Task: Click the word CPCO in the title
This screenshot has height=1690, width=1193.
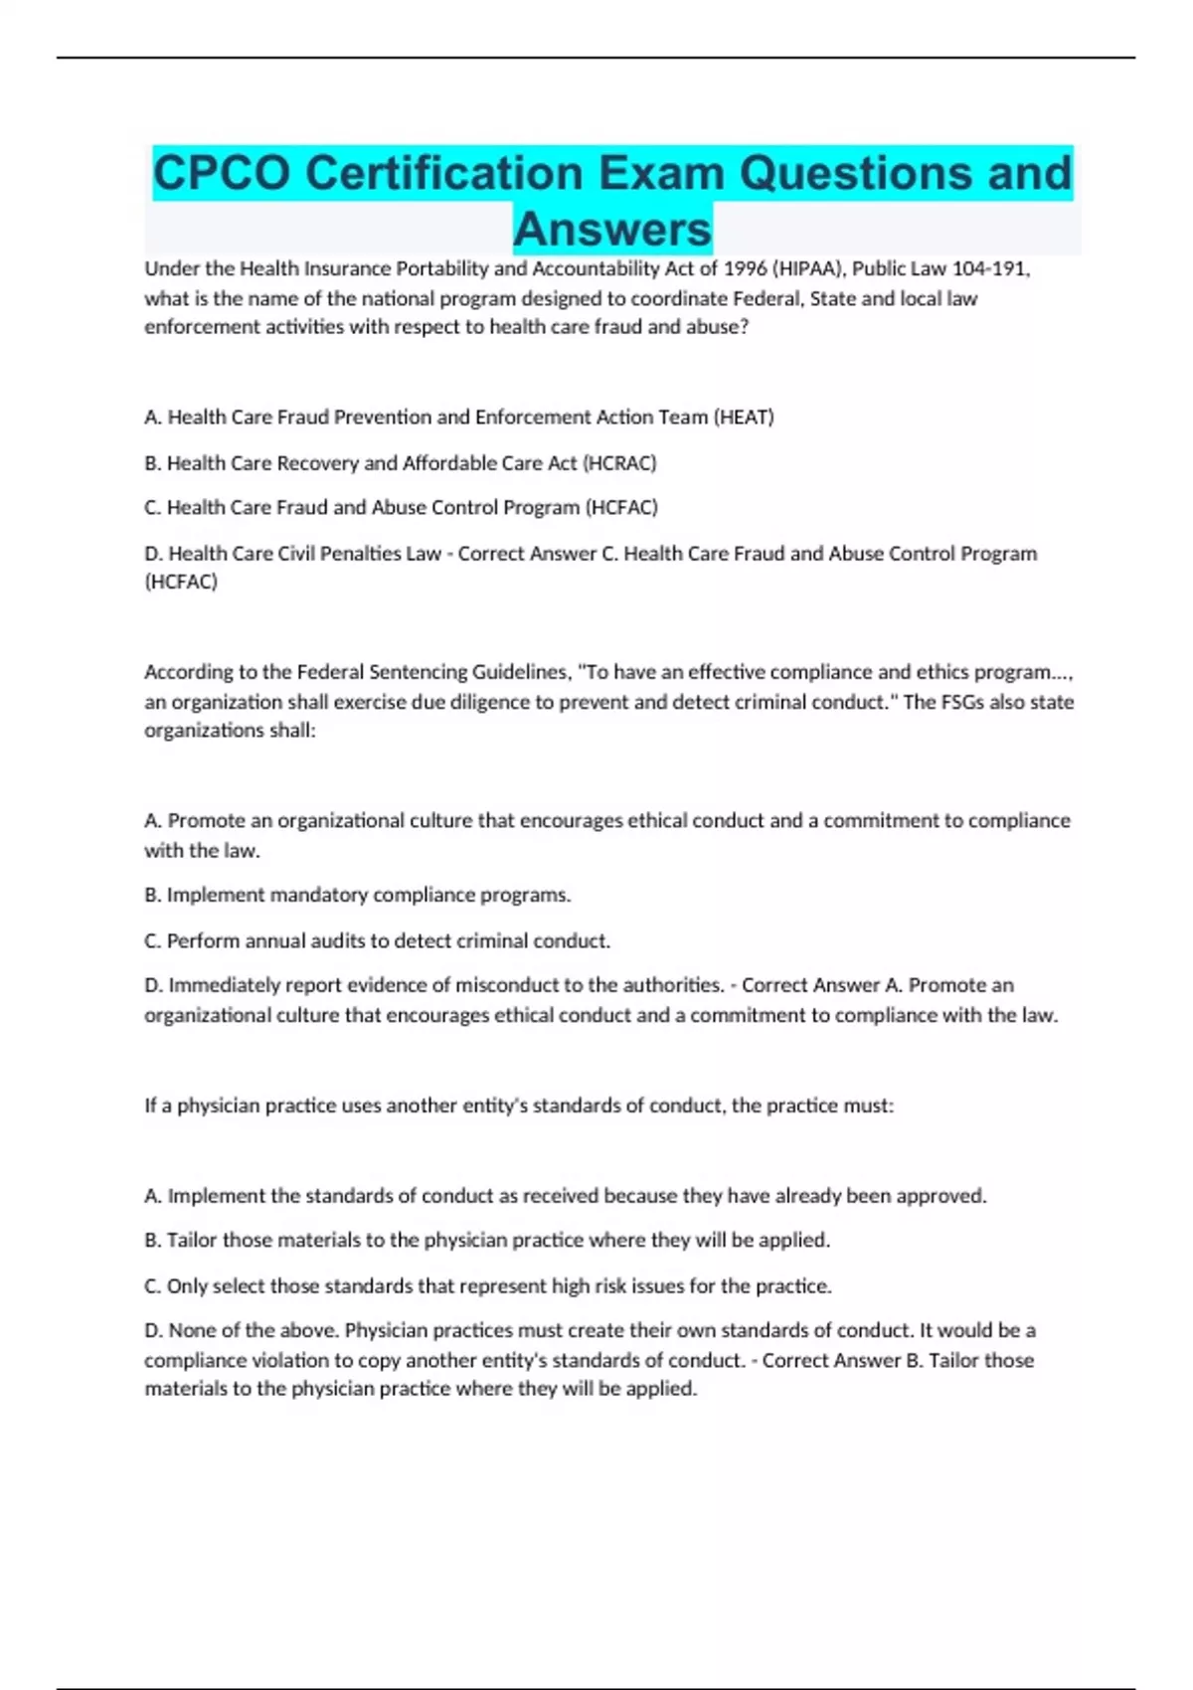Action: click(x=222, y=173)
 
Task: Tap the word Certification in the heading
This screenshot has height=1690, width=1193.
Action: click(x=443, y=173)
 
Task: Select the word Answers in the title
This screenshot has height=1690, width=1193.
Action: click(x=612, y=229)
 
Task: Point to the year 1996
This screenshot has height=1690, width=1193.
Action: click(x=745, y=268)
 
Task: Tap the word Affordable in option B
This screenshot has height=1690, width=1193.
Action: click(x=447, y=463)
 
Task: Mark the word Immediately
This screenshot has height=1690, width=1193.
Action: click(x=225, y=985)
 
